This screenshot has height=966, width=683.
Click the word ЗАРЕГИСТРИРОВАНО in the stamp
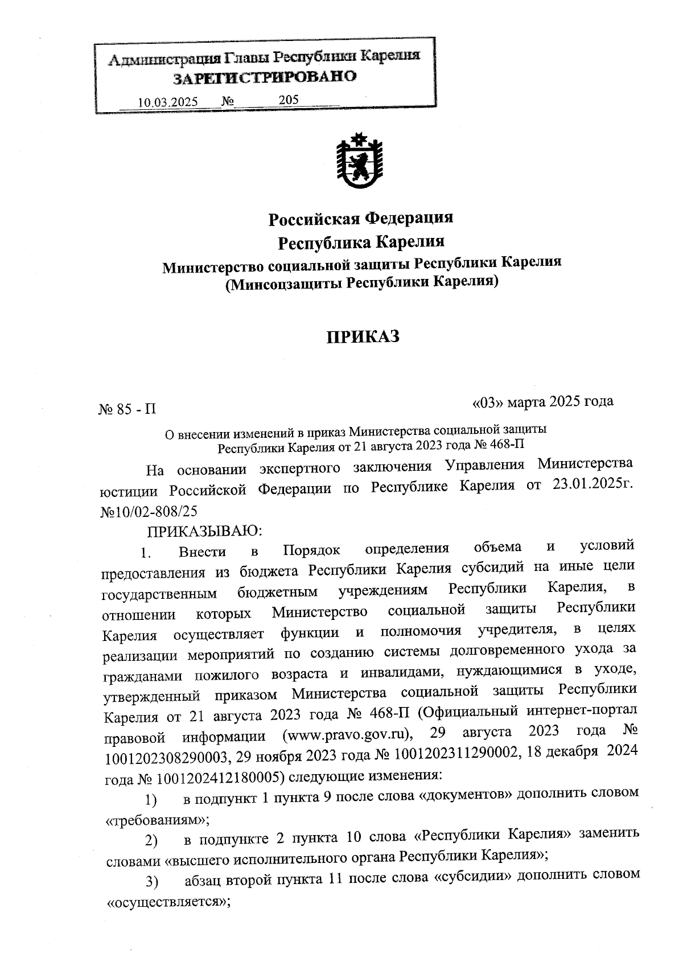[265, 77]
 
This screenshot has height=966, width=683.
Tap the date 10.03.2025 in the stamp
[168, 102]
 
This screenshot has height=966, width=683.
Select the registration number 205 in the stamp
[289, 100]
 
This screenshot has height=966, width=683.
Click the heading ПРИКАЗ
[363, 336]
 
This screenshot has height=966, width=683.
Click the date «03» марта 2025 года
[542, 402]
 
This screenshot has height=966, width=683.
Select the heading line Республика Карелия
[361, 242]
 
